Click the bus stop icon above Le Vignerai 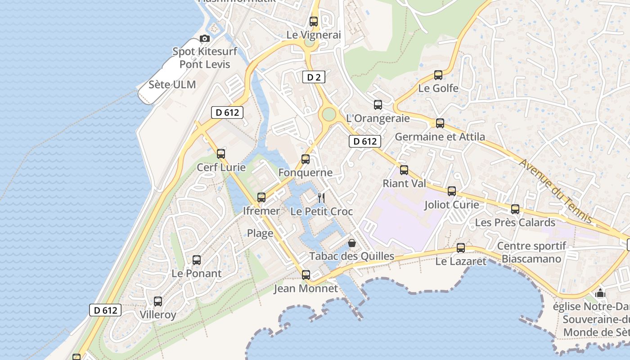coord(314,21)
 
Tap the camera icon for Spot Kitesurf coord(205,39)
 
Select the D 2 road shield coord(314,77)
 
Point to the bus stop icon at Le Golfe coord(438,75)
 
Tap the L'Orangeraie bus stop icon coord(378,105)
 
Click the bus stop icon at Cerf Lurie coord(221,154)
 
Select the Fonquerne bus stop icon coord(306,159)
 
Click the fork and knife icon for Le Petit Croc coord(321,198)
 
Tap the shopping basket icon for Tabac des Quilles coord(352,243)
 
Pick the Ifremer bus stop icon coord(261,197)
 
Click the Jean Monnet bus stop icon coord(306,274)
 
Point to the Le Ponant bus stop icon coord(197,260)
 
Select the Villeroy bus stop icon coord(158,301)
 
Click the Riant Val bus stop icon coord(404,170)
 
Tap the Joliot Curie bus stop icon coord(452,191)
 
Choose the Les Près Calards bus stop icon coord(515,209)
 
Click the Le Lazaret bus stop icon coord(461,247)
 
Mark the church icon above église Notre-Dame coord(600,293)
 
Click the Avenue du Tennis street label coord(556,190)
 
